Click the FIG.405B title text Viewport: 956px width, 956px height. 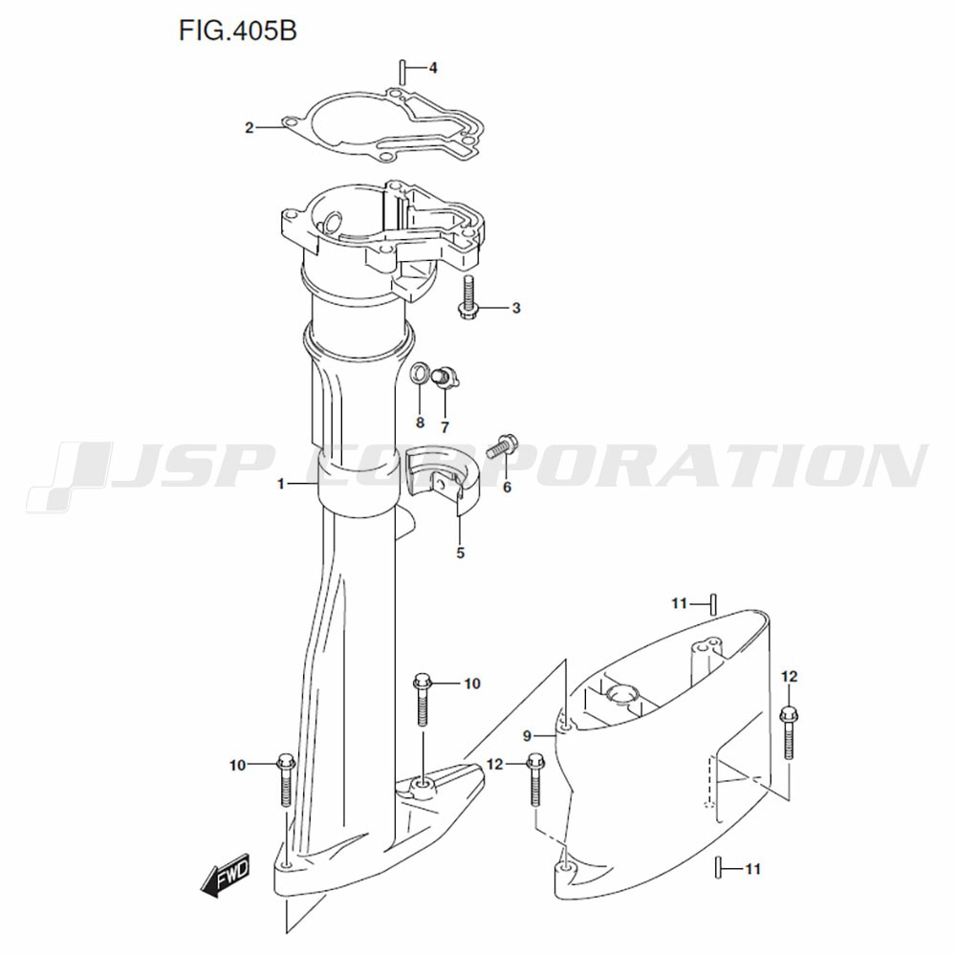[238, 31]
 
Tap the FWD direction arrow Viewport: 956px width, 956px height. [226, 875]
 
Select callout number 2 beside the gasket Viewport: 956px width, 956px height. [249, 128]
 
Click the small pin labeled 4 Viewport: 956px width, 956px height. [403, 72]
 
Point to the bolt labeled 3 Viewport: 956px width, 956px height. [468, 296]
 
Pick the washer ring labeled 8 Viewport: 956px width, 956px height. [420, 374]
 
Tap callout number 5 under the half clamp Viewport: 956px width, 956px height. [461, 553]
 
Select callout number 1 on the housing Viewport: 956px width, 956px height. [281, 484]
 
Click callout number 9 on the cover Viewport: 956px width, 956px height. [528, 736]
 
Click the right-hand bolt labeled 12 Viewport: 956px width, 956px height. [789, 731]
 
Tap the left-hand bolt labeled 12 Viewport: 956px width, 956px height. [535, 780]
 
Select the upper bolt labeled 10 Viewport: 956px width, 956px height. [423, 699]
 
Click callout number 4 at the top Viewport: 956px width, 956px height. [433, 68]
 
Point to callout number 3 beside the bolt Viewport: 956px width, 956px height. [516, 308]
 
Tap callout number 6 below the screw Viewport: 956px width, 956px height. [507, 488]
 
